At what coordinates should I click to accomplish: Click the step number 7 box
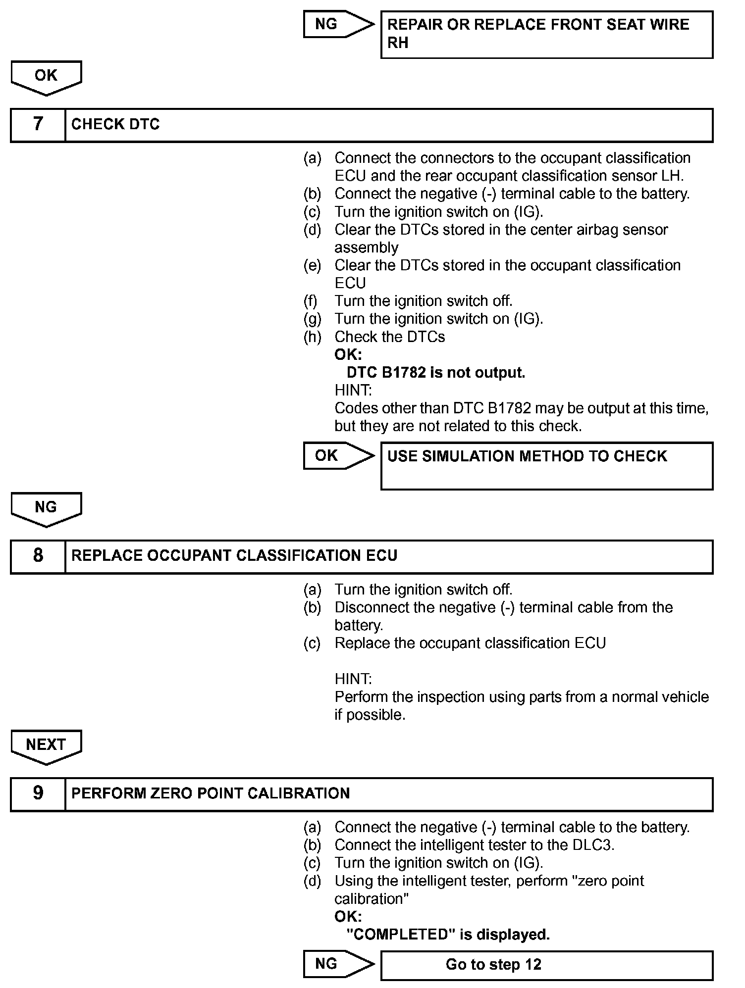(x=38, y=124)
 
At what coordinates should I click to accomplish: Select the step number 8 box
(x=38, y=556)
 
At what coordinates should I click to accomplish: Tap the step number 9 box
(x=38, y=793)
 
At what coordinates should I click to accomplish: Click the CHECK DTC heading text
(x=115, y=124)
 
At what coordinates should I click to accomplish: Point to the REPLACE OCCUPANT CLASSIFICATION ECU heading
(x=234, y=556)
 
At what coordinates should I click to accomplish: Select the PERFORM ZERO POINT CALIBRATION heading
(x=211, y=793)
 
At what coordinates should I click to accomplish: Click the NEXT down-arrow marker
(x=46, y=746)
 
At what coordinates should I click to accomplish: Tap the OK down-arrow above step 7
(x=46, y=77)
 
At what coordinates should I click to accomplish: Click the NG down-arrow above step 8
(x=46, y=508)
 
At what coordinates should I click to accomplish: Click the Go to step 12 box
(x=546, y=965)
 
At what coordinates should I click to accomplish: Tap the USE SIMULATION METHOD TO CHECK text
(x=527, y=456)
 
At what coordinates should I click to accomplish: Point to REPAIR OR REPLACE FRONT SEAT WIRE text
(x=538, y=25)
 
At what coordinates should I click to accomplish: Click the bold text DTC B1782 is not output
(x=436, y=372)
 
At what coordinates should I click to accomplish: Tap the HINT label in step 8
(x=353, y=679)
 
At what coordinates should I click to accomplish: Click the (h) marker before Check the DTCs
(x=312, y=337)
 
